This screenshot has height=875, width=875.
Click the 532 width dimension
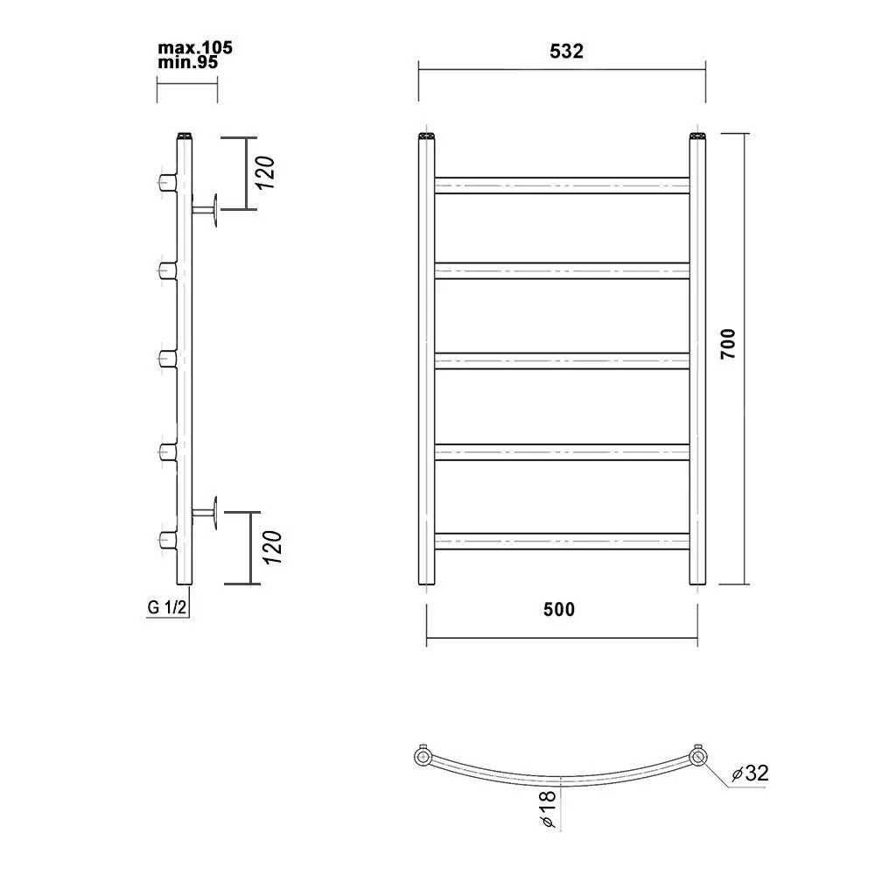566,52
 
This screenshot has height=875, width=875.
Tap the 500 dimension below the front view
559,609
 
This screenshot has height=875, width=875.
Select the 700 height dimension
728,344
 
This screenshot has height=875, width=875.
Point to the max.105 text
195,48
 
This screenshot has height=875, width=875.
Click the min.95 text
187,62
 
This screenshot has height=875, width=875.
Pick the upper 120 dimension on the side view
266,172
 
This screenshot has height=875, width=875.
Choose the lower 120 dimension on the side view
272,547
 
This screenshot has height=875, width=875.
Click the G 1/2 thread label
166,607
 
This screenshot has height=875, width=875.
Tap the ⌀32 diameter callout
751,773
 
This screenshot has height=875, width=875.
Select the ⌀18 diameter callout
548,808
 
